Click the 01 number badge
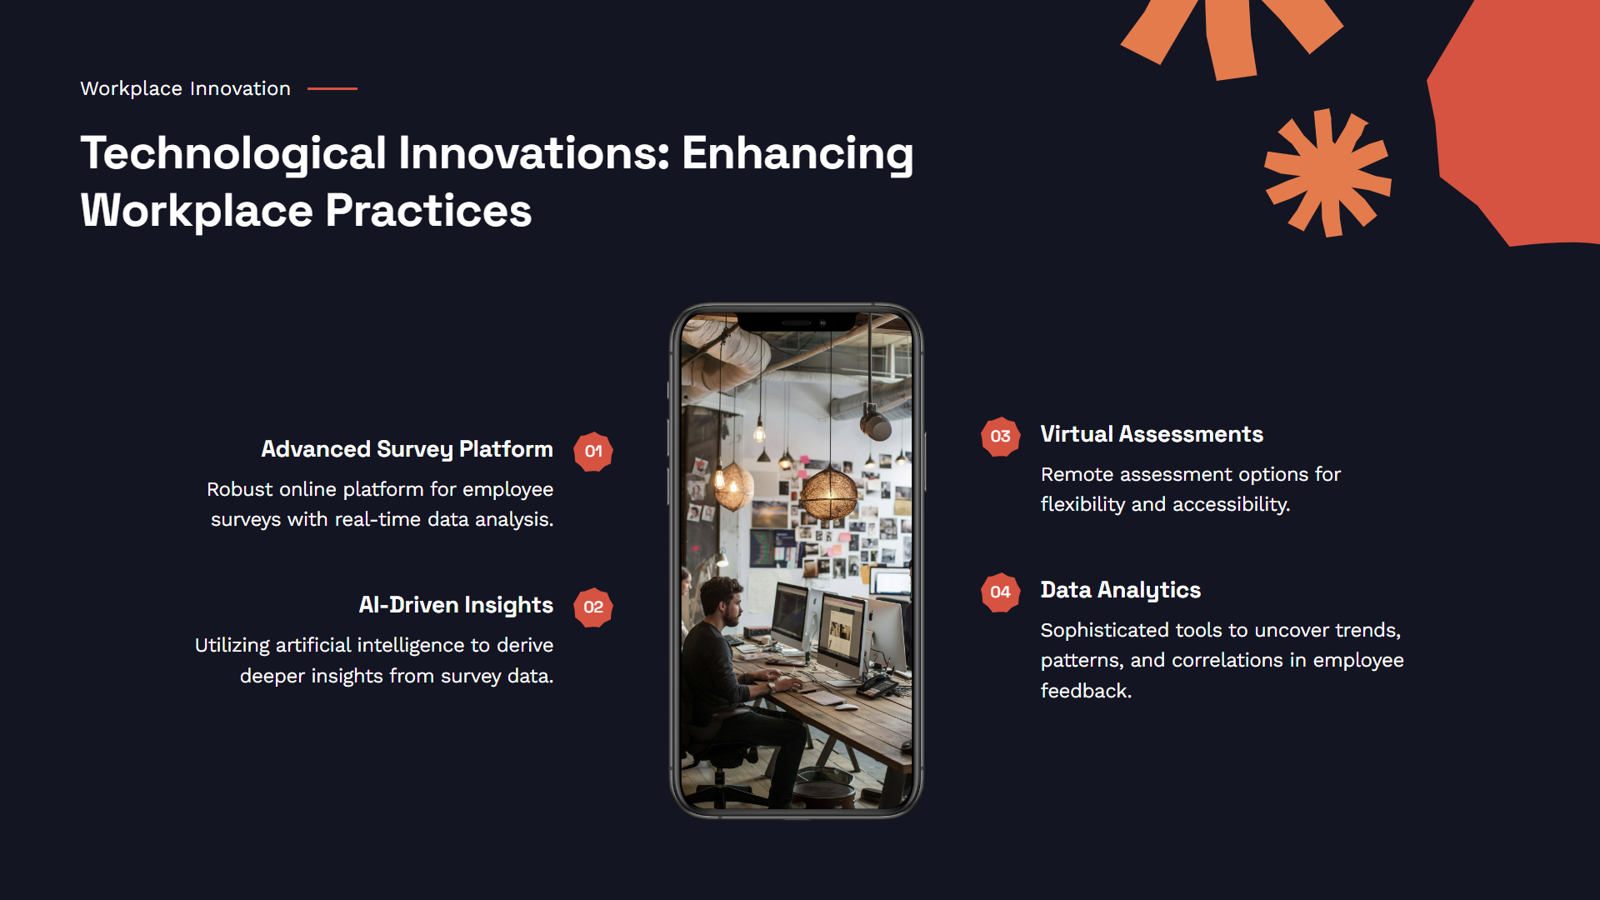point(593,452)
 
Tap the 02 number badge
point(593,607)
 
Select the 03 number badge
point(1001,437)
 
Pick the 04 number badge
point(1001,592)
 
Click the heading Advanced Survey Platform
point(407,450)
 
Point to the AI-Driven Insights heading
point(456,605)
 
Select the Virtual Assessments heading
point(1152,434)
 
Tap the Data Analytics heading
point(1121,591)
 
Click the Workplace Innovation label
point(185,88)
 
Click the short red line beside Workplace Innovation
point(332,88)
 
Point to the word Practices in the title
point(428,211)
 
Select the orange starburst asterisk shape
point(1328,172)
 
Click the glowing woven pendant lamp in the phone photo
point(828,493)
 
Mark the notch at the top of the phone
point(797,322)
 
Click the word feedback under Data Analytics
point(1086,692)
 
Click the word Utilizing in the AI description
point(232,646)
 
